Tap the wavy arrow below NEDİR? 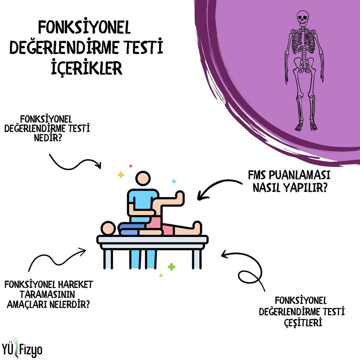(x=75, y=162)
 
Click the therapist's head (x=143, y=179)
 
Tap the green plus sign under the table (x=171, y=267)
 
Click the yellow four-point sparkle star (x=121, y=174)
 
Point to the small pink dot (x=130, y=166)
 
